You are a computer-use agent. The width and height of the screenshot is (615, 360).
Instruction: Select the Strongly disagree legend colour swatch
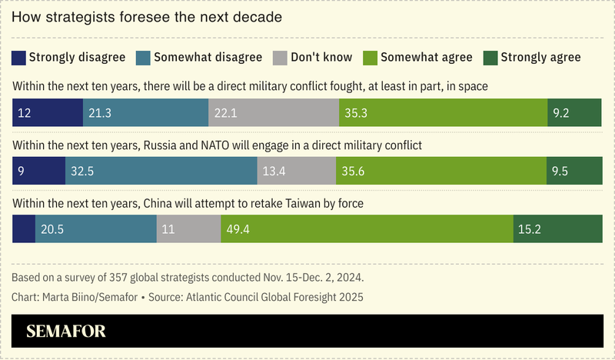click(x=20, y=57)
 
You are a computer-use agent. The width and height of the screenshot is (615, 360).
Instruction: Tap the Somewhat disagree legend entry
click(x=199, y=57)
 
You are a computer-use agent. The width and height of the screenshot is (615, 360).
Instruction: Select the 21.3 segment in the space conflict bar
click(x=145, y=112)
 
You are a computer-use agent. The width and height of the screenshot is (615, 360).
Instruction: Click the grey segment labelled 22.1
click(x=273, y=112)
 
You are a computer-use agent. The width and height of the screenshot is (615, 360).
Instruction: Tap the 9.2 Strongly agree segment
click(x=574, y=112)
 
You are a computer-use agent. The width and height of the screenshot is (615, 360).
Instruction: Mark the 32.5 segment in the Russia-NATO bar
click(x=161, y=171)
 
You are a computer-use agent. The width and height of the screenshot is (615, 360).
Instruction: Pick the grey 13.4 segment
click(x=297, y=171)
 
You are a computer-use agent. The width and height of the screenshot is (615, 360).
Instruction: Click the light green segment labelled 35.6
click(x=441, y=171)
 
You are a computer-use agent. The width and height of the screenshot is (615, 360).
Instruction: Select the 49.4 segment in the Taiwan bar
click(x=367, y=229)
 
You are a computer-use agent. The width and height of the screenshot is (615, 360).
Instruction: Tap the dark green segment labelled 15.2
click(x=558, y=229)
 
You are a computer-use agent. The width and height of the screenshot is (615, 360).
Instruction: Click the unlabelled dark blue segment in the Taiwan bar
click(x=24, y=229)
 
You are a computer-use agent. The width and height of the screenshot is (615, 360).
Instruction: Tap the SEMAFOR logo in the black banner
click(x=66, y=332)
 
